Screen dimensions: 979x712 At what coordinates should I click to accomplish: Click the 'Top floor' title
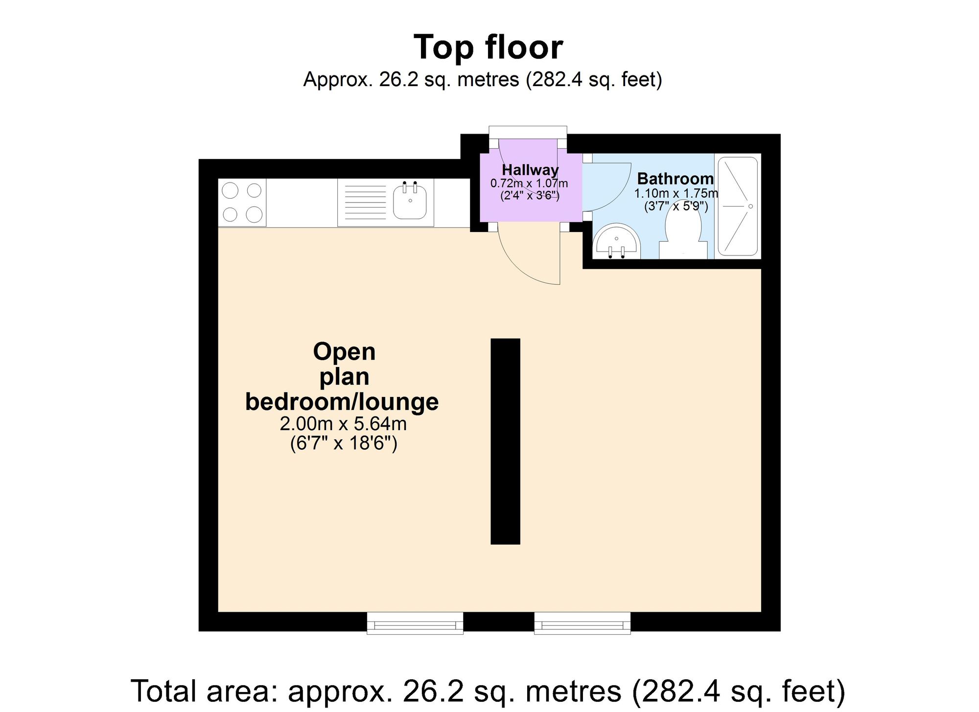pyautogui.click(x=489, y=47)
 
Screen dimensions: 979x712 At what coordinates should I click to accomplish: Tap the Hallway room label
pyautogui.click(x=530, y=170)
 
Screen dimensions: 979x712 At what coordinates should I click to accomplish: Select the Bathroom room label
pyautogui.click(x=676, y=179)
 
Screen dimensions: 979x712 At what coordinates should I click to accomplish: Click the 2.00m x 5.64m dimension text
pyautogui.click(x=343, y=423)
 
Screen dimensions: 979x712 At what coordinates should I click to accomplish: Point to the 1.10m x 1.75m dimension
pyautogui.click(x=676, y=193)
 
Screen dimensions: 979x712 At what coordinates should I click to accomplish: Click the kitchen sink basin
pyautogui.click(x=410, y=201)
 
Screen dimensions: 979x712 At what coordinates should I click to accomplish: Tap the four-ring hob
pyautogui.click(x=242, y=202)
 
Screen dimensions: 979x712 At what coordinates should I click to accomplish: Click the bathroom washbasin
pyautogui.click(x=616, y=242)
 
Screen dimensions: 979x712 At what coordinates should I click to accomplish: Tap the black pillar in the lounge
pyautogui.click(x=505, y=441)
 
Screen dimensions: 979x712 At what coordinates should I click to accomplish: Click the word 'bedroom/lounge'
pyautogui.click(x=342, y=402)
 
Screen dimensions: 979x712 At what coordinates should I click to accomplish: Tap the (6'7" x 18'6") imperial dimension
pyautogui.click(x=344, y=443)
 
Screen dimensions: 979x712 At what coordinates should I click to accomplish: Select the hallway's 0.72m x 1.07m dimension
pyautogui.click(x=529, y=184)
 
